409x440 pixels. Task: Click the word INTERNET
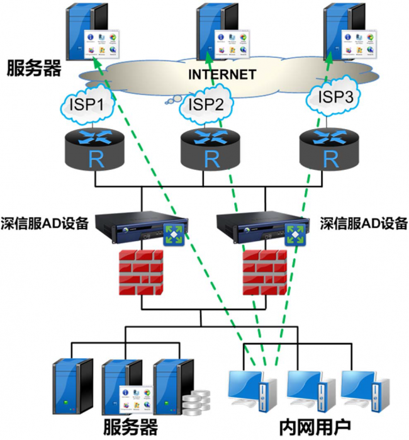click(x=221, y=75)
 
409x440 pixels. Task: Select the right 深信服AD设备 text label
click(x=364, y=223)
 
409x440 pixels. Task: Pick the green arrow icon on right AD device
click(x=294, y=234)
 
